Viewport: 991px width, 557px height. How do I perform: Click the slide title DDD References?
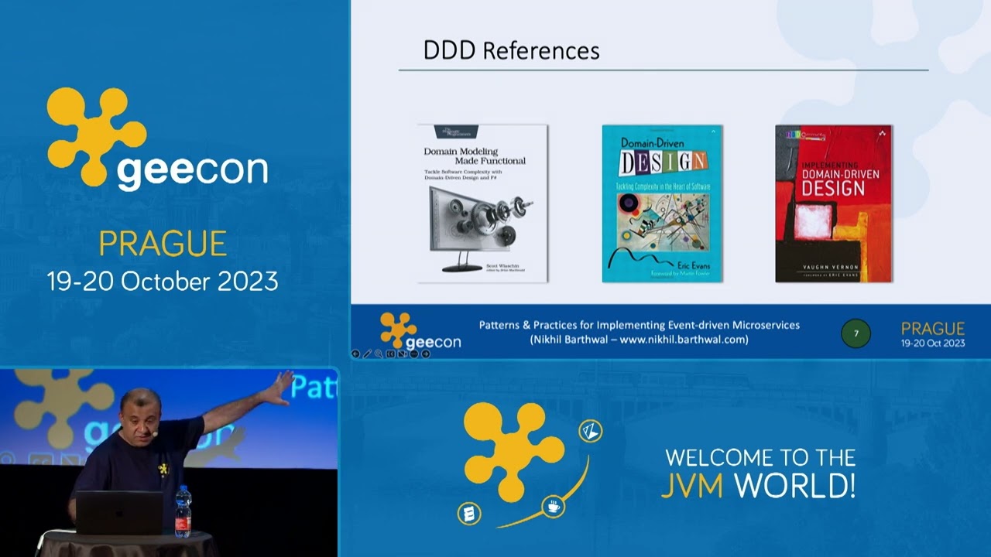click(511, 51)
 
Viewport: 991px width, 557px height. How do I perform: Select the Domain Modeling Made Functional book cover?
click(482, 203)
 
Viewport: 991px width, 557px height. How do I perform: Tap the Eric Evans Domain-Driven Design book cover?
click(662, 203)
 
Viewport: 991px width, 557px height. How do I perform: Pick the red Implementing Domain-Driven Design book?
click(833, 203)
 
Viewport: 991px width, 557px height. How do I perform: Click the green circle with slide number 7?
click(856, 333)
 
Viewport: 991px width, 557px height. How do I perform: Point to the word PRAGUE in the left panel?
click(163, 244)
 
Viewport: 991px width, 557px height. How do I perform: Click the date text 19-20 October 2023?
click(163, 281)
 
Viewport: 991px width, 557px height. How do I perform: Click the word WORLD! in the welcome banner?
click(794, 486)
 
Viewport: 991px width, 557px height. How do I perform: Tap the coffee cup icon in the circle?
click(554, 507)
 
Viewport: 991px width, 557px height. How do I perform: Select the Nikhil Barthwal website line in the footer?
click(639, 339)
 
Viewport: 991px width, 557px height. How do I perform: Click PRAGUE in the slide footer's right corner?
click(932, 328)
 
